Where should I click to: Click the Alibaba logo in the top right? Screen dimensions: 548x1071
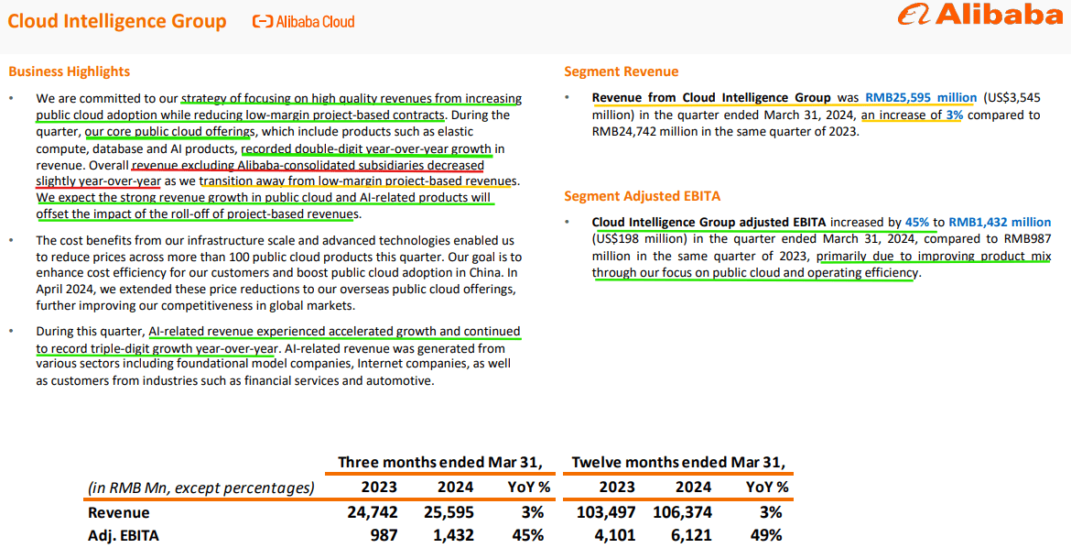click(x=979, y=16)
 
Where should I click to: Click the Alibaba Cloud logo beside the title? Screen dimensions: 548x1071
click(x=303, y=21)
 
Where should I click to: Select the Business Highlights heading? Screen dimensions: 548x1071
click(x=70, y=71)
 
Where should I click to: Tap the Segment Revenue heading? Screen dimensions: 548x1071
click(x=622, y=71)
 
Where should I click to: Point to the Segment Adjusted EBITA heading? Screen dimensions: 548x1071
click(x=642, y=196)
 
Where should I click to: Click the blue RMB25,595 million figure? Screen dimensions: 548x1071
click(x=920, y=98)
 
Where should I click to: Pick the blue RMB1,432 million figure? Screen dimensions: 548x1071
click(x=1000, y=223)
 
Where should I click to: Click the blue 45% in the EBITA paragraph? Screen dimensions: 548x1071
click(x=916, y=223)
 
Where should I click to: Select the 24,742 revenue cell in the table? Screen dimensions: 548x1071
click(x=373, y=512)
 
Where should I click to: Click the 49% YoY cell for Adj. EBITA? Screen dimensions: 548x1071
click(x=766, y=535)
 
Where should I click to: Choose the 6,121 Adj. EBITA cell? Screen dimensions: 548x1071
click(x=693, y=535)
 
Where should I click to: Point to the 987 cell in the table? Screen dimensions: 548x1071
click(x=384, y=535)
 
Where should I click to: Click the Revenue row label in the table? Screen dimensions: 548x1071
click(x=118, y=512)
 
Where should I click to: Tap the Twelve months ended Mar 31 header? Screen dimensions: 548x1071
click(x=678, y=462)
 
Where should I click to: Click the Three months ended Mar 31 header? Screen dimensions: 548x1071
click(x=440, y=462)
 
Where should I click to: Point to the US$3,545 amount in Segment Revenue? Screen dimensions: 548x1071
click(x=1012, y=98)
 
